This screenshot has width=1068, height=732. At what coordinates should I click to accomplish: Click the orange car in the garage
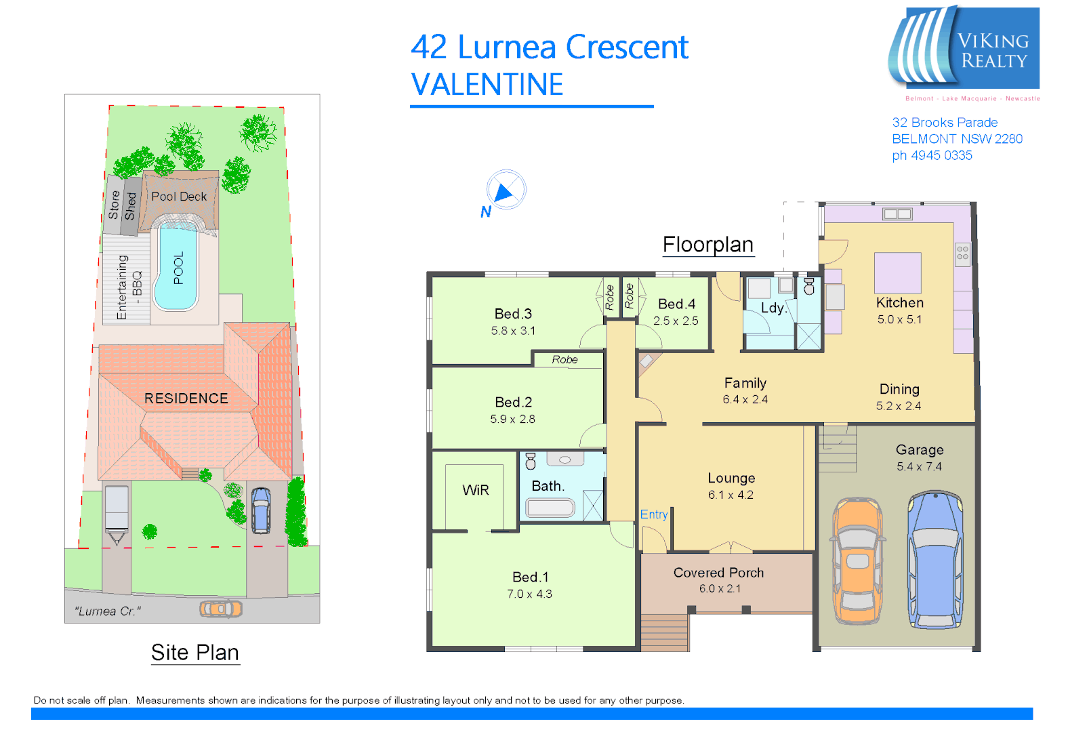858,561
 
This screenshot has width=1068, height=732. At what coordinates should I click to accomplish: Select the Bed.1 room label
530,577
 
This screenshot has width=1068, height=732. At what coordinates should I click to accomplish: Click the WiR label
475,490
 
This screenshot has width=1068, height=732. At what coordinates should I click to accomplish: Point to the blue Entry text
654,514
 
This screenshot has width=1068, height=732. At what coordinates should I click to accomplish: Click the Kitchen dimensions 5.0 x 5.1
899,319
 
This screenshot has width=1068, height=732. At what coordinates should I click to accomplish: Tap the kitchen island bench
897,272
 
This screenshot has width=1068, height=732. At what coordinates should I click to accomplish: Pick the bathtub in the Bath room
550,508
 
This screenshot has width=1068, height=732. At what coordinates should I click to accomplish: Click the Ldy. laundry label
773,308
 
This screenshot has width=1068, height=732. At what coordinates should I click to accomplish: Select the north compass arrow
504,192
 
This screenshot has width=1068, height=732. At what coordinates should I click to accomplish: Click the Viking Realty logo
964,49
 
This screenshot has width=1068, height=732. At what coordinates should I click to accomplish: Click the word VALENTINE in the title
487,85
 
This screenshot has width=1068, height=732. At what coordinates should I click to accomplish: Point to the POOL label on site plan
178,268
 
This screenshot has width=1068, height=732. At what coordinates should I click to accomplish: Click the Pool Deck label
179,197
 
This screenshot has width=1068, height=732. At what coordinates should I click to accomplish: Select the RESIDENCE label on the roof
186,399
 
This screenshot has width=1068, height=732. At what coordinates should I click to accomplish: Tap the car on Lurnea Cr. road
221,609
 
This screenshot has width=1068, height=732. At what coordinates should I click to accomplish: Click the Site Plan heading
195,652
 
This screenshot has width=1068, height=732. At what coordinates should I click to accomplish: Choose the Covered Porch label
718,573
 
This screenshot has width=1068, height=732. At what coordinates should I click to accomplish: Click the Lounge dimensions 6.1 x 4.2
731,495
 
